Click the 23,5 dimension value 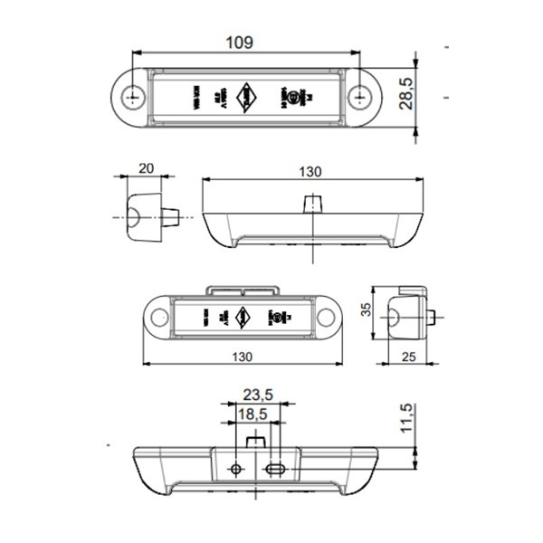[257, 394]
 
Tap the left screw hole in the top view [135, 95]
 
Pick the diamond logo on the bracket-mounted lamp [242, 317]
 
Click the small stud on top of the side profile [312, 201]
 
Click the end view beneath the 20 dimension [147, 218]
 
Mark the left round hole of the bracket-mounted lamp [163, 318]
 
